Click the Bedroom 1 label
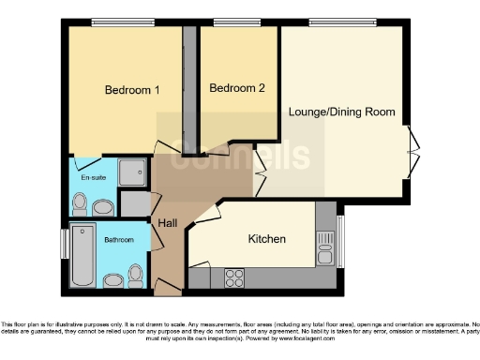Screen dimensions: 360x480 (x=131, y=90)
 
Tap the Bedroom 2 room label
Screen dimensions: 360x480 (x=237, y=88)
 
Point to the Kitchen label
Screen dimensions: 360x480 (x=266, y=239)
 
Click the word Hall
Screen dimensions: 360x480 (x=168, y=223)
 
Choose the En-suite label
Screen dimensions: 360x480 (x=92, y=175)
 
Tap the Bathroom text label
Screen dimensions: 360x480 (x=118, y=240)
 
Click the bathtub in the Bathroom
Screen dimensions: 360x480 (x=82, y=255)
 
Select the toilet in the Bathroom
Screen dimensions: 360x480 (x=137, y=273)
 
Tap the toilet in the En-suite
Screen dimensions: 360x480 (x=81, y=202)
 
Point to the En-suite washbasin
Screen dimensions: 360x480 (x=102, y=206)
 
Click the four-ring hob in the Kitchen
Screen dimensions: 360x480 (x=232, y=277)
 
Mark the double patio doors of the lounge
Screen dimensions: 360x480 (x=413, y=151)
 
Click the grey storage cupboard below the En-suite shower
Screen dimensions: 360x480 (x=136, y=202)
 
